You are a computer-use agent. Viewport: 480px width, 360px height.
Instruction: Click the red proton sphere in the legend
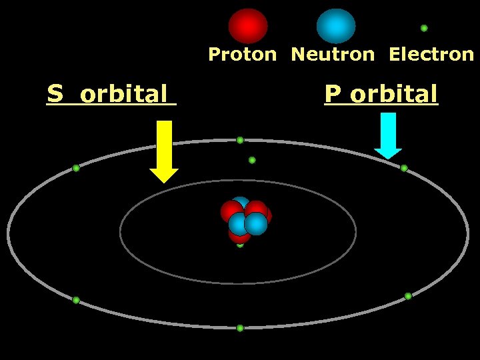click(x=248, y=26)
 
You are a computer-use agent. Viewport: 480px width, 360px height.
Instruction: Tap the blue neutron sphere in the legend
click(x=336, y=26)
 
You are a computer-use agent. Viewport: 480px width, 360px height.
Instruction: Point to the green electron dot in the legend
click(x=424, y=28)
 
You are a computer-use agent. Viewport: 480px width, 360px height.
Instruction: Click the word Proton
click(x=242, y=55)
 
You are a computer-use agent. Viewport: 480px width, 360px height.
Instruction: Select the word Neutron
click(x=333, y=55)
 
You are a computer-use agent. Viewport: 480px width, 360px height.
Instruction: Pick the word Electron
click(x=431, y=55)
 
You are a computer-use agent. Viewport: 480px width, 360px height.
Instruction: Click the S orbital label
click(x=111, y=94)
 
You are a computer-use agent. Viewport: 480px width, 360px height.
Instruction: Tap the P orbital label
click(x=381, y=94)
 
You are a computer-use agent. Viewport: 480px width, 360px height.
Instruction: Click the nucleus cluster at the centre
click(x=245, y=219)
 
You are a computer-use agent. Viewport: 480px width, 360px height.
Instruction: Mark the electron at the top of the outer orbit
click(x=240, y=141)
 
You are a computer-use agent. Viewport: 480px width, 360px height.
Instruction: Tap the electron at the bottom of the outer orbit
click(x=240, y=328)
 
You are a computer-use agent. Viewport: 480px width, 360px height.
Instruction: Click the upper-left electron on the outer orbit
click(x=76, y=168)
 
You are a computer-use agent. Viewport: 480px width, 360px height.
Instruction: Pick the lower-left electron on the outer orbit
click(x=76, y=300)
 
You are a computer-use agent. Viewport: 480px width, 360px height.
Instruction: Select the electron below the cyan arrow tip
click(x=404, y=168)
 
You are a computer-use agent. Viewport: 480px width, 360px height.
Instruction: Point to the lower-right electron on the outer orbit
click(x=408, y=296)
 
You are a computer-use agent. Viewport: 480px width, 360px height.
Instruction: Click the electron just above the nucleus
click(x=252, y=160)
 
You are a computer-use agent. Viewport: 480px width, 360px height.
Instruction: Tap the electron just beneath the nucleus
click(x=240, y=245)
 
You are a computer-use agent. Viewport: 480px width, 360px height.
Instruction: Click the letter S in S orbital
click(x=54, y=94)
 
